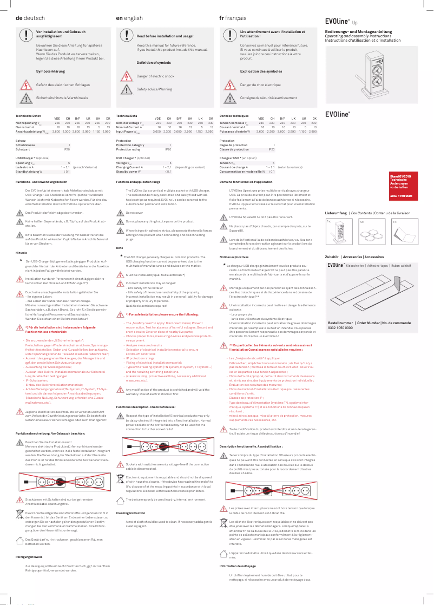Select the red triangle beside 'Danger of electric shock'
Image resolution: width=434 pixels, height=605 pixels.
click(126, 76)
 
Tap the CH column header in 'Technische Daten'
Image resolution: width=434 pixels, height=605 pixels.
click(68, 118)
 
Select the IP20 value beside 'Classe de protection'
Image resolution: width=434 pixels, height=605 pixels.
click(272, 149)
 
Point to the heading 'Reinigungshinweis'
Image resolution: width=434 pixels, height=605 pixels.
click(25, 556)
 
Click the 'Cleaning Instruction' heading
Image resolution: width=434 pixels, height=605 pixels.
click(130, 512)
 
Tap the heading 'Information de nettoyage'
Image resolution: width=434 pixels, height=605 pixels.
click(238, 566)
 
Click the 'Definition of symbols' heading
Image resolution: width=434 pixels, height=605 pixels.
click(154, 63)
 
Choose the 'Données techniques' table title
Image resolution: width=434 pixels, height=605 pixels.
click(234, 116)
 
